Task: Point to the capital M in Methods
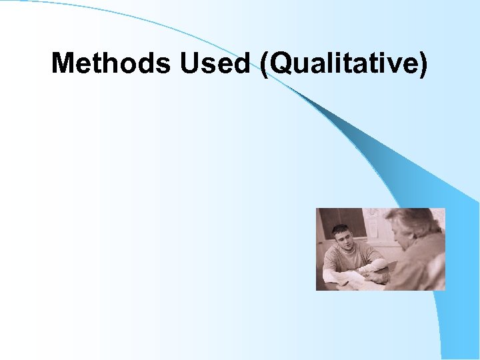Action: tap(64, 63)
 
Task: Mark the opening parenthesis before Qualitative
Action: tap(266, 65)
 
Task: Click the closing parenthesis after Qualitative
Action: tap(422, 65)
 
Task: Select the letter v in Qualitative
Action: tap(391, 66)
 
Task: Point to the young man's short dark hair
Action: tap(341, 229)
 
